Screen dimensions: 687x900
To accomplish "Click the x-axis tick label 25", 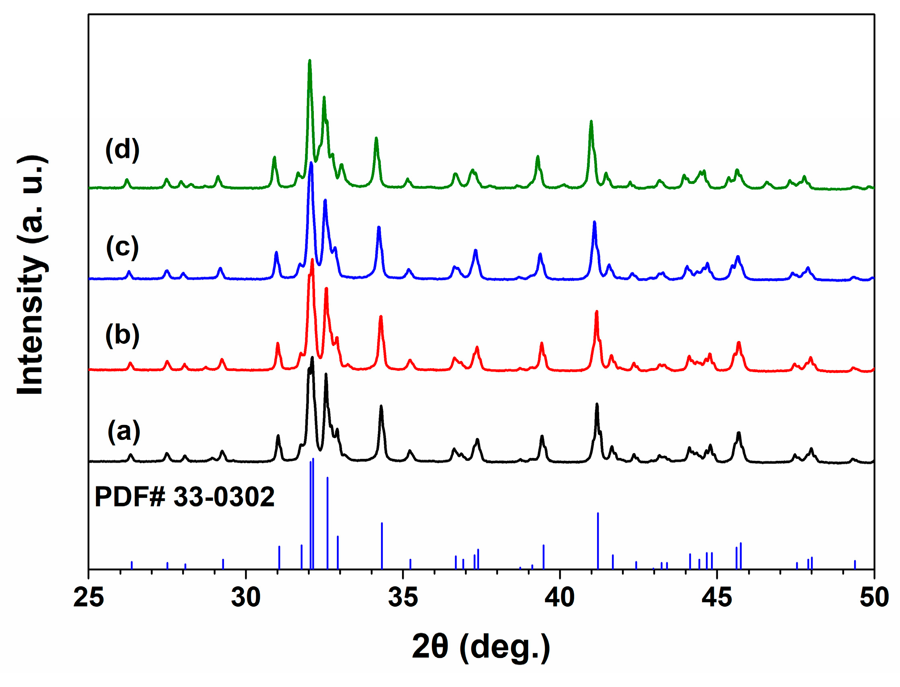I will coord(88,597).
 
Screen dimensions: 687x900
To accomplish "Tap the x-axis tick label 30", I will coord(245,597).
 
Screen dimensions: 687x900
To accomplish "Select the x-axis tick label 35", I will coord(403,597).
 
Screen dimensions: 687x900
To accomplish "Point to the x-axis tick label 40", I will coord(560,597).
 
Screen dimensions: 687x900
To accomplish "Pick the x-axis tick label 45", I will coord(717,597).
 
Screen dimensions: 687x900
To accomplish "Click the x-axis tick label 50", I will coord(874,597).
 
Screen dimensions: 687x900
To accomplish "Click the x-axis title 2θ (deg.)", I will coord(481,647).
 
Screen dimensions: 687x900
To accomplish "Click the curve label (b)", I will coord(122,335).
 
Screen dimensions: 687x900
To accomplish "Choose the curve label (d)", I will coord(122,150).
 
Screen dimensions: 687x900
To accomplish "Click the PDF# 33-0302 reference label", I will coord(185,497).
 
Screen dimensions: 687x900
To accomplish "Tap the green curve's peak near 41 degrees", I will coord(591,121).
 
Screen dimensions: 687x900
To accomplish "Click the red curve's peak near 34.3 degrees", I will coord(381,316).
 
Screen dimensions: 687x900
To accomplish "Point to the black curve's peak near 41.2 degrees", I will coord(597,404).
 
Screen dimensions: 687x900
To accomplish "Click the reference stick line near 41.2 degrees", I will coord(598,540).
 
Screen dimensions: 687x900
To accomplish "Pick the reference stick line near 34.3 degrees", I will coord(382,545).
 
